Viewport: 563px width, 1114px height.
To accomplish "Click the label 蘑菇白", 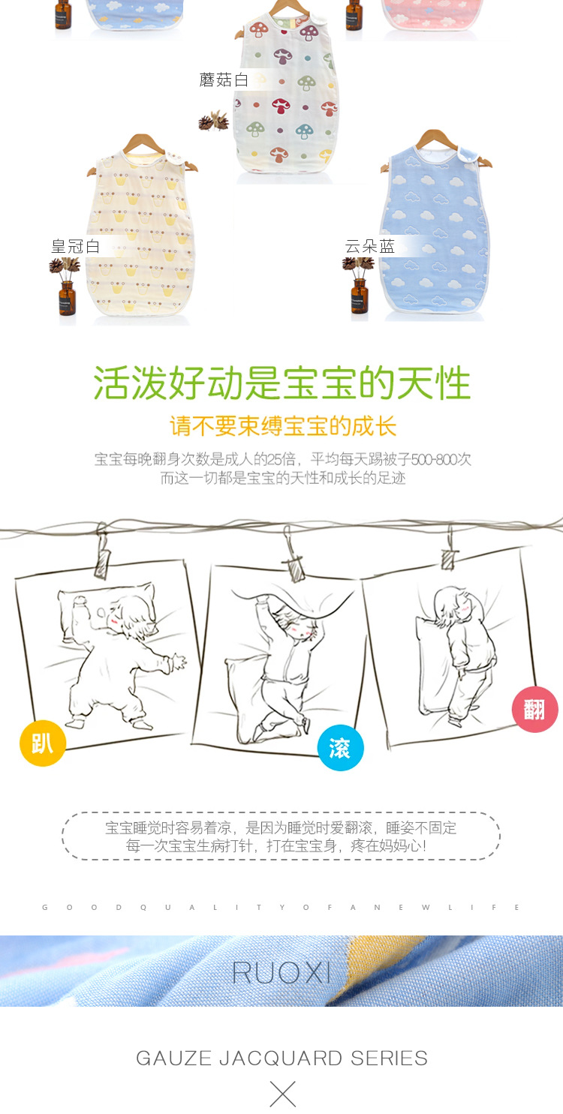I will coord(224,80).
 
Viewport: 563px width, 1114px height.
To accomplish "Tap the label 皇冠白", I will coord(75,246).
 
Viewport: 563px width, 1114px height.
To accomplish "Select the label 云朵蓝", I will coord(369,246).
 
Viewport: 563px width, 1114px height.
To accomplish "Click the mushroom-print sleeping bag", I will coord(285,98).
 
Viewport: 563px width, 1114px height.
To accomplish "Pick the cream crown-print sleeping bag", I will coord(143,233).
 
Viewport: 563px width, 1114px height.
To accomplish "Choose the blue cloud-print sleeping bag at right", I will coord(435,225).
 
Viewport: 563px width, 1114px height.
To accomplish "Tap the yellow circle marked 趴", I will coord(43,743).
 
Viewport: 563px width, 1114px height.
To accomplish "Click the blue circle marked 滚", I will coord(340,748).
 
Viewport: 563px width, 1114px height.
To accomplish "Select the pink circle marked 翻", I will coord(534,709).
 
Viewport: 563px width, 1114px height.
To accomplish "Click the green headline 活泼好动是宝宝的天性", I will coord(281,383).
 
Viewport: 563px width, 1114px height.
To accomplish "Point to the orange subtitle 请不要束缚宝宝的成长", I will coord(282,426).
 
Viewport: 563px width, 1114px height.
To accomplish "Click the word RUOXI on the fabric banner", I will coord(281,972).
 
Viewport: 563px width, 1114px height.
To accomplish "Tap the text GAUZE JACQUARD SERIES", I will coord(281,1058).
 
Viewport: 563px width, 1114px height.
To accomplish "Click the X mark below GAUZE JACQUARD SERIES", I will coord(282,1094).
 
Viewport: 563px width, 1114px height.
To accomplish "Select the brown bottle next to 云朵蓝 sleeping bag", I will coord(360,294).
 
